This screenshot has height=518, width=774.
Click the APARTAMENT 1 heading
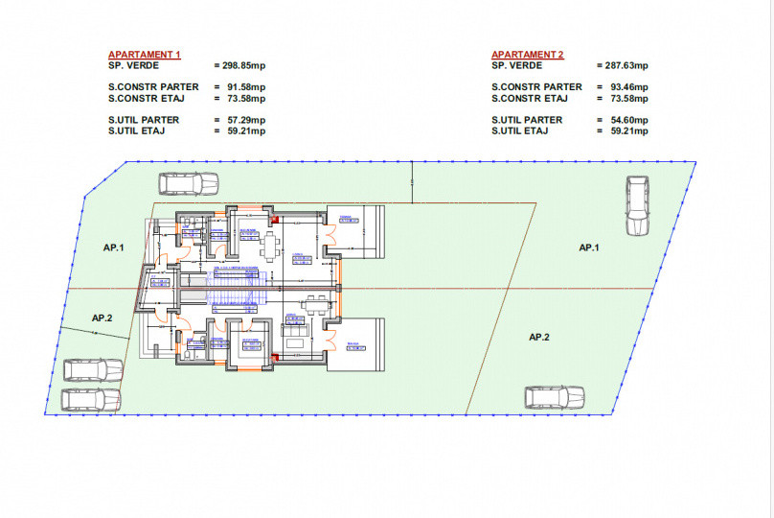[x=145, y=56]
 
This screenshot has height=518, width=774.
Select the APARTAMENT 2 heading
[x=528, y=56]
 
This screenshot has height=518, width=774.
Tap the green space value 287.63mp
[x=625, y=66]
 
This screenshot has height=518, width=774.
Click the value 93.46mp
[x=625, y=87]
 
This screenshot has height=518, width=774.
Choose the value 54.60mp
[x=625, y=120]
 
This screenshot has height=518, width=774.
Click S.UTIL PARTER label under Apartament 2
[x=527, y=120]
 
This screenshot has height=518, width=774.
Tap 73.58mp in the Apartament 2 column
[x=625, y=98]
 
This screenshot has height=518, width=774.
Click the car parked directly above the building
[x=188, y=182]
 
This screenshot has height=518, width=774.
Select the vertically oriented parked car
[x=638, y=205]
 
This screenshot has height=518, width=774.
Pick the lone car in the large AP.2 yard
[x=555, y=396]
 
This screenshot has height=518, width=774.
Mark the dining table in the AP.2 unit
[x=314, y=307]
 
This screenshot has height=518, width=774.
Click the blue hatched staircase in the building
[x=230, y=285]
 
